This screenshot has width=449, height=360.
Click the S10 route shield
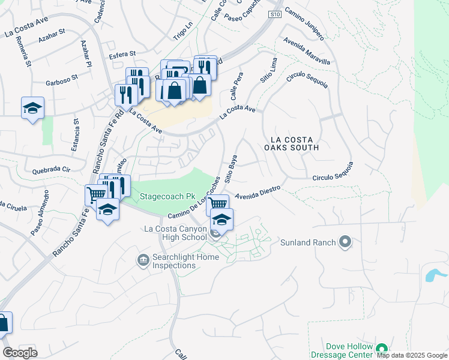click(274, 14)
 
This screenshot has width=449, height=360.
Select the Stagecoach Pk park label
click(169, 196)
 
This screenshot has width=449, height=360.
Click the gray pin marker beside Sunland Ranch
click(345, 242)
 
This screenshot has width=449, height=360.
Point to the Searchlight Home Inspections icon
click(143, 260)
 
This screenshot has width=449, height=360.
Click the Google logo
click(20, 352)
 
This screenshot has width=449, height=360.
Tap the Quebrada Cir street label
click(52, 169)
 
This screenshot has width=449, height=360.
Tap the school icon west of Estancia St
click(32, 108)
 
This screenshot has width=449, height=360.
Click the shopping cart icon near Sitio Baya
click(217, 203)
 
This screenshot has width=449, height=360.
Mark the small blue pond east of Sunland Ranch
click(433, 275)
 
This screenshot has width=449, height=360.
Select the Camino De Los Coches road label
click(191, 203)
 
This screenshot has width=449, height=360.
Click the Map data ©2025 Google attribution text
click(411, 355)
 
